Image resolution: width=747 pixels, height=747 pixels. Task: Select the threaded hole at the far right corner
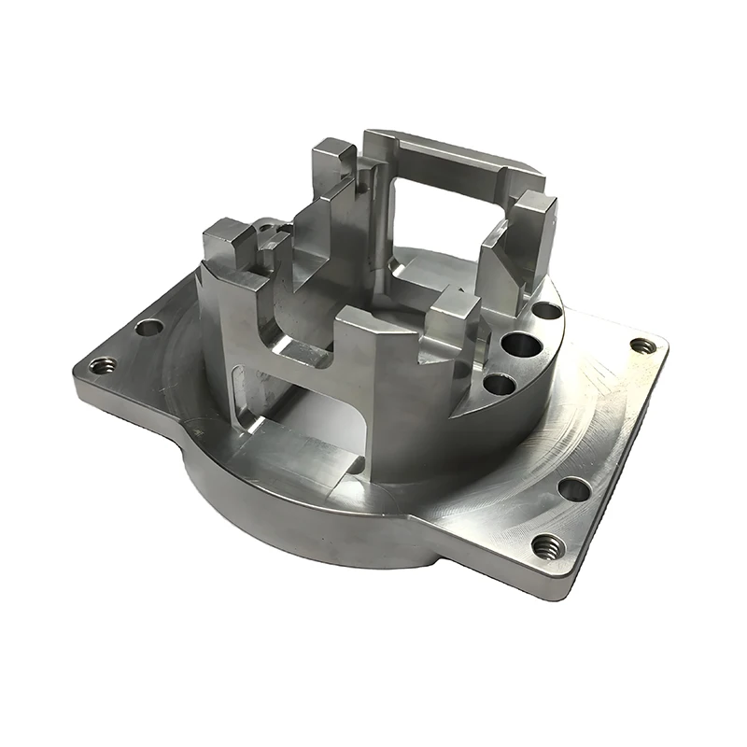[x=641, y=345]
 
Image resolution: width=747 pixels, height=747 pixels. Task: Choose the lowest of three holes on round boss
[x=499, y=384]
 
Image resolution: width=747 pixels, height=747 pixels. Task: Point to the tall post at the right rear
[x=532, y=233]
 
